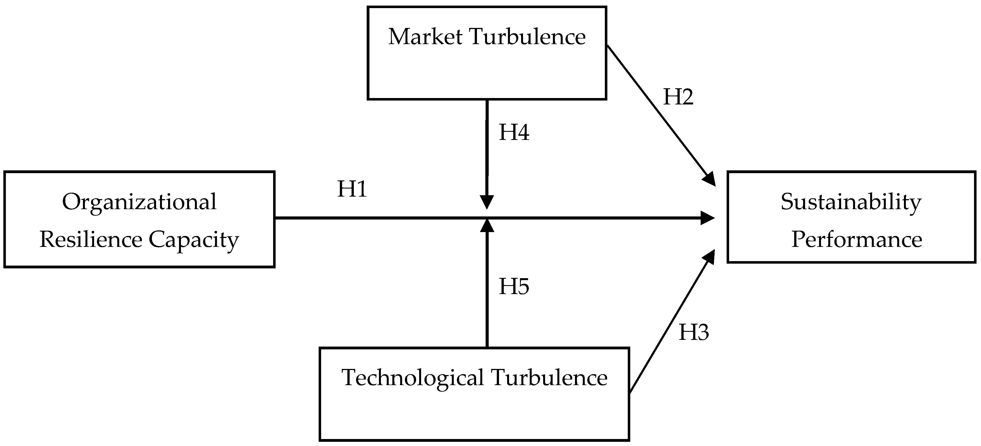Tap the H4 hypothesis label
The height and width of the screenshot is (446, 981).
[x=514, y=133]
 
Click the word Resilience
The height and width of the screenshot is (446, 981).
[x=91, y=240]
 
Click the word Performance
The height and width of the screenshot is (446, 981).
[x=857, y=240]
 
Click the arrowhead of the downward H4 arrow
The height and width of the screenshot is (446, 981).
[x=487, y=202]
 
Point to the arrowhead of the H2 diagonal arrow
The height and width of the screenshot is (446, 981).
[x=710, y=179]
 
